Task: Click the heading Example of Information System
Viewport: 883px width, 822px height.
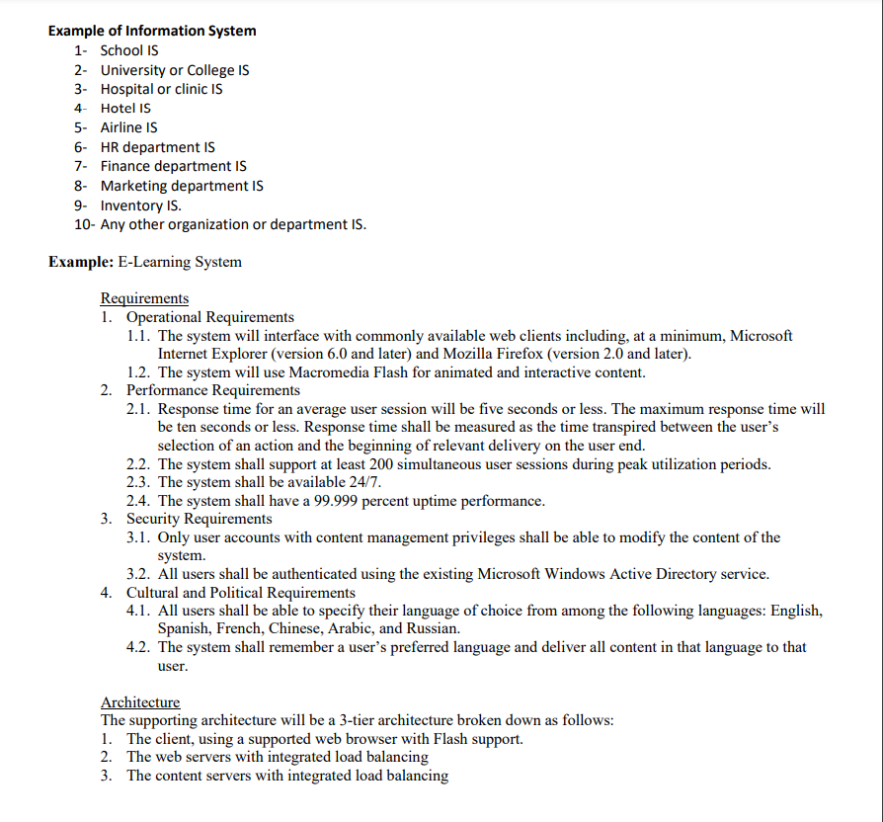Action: [152, 31]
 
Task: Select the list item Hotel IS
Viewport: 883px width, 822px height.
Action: [125, 109]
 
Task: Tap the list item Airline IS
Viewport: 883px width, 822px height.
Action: [128, 127]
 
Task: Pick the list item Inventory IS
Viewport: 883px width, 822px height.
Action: [140, 205]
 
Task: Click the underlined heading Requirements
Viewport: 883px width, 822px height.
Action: [144, 298]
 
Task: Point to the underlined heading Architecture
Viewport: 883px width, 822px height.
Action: [140, 702]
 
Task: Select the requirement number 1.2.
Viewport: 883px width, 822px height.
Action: [139, 372]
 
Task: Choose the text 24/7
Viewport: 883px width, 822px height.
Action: [361, 482]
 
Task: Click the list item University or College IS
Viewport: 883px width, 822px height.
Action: [175, 70]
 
